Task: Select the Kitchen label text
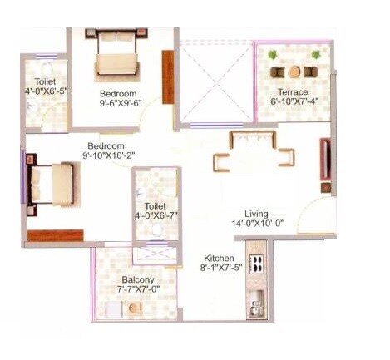click(x=221, y=258)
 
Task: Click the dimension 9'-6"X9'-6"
click(x=119, y=105)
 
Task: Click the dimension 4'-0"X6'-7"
click(x=156, y=217)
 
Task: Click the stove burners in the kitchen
click(x=256, y=266)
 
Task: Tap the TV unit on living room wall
click(x=324, y=165)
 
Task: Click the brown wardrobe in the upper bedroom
click(x=168, y=77)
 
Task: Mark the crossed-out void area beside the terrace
click(x=216, y=81)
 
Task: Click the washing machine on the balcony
click(x=136, y=308)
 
